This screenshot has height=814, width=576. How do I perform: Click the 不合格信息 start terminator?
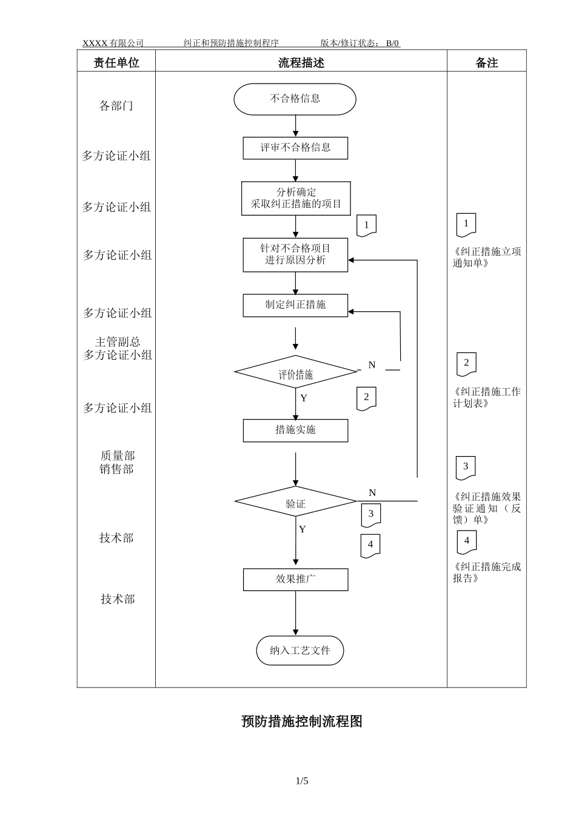295,99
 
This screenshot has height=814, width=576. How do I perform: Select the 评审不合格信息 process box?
295,148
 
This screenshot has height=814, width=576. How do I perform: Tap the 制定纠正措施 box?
295,305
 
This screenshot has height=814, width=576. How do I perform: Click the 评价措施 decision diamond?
295,372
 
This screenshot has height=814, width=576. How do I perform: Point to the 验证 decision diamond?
295,502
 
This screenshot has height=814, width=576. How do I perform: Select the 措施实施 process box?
295,430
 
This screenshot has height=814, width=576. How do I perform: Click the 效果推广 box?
295,579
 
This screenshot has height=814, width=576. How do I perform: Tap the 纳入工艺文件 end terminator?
300,650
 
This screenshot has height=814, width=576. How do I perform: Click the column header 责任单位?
116,63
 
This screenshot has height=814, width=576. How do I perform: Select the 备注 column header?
486,63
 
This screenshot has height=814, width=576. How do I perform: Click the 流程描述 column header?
301,63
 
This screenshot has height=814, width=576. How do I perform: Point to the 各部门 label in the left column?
116,106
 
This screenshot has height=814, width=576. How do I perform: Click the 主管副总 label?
117,342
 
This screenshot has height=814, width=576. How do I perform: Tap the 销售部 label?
116,469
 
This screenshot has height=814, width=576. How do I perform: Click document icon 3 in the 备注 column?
466,468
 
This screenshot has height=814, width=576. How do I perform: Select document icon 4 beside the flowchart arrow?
370,545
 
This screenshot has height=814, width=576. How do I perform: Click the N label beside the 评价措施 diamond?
372,365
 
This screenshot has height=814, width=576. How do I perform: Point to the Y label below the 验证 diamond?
302,529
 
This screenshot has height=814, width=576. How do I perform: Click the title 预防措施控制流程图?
301,721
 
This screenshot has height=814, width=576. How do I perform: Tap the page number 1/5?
301,781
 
